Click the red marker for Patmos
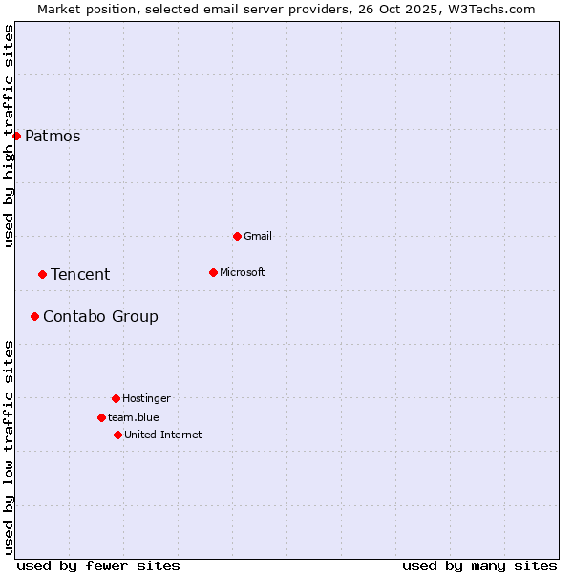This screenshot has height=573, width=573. [16, 136]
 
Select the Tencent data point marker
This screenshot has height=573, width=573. [42, 274]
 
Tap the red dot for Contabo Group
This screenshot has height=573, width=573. [34, 316]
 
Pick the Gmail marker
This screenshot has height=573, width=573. [237, 236]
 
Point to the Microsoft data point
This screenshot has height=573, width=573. [213, 272]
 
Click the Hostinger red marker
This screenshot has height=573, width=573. [116, 398]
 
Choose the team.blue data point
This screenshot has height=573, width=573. [101, 417]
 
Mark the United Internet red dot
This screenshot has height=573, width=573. [117, 435]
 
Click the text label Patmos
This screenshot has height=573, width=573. [53, 136]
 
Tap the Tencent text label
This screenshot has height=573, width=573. [80, 274]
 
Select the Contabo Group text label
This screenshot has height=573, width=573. [100, 316]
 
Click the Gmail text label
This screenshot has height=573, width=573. [258, 236]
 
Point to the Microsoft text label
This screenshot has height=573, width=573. [243, 272]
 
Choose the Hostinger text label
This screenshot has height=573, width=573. [146, 398]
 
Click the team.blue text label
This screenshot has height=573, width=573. [134, 417]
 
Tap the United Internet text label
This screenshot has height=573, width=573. [163, 435]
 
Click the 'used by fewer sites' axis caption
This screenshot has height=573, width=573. [98, 565]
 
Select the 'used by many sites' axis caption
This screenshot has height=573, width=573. [479, 565]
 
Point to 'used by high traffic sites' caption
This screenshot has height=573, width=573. [9, 136]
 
